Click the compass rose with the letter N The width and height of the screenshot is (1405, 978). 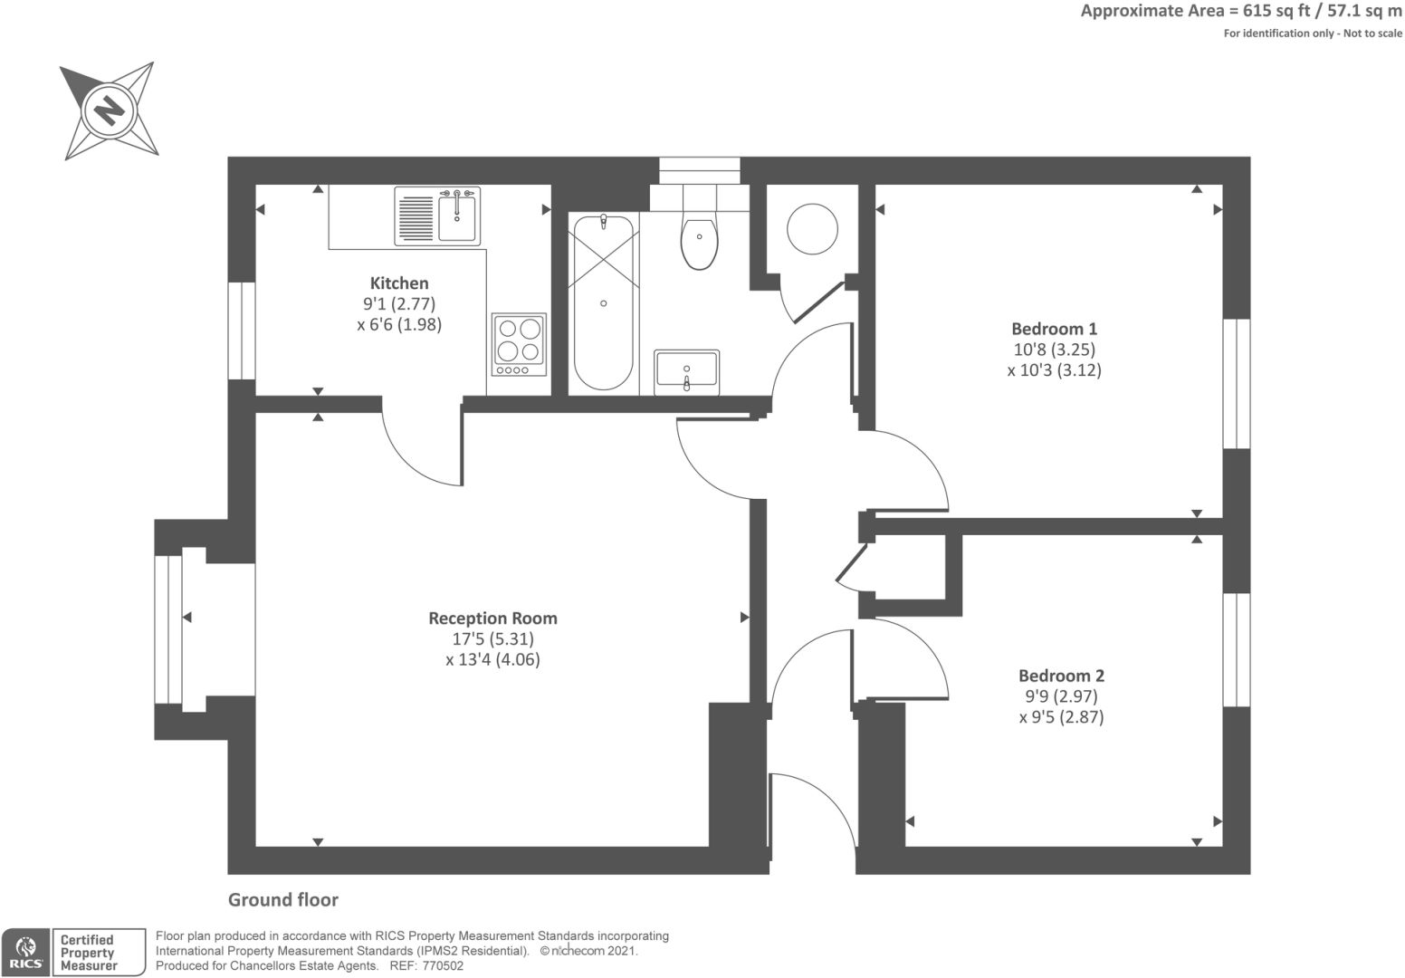tap(110, 111)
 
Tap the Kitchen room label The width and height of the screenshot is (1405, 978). tap(399, 283)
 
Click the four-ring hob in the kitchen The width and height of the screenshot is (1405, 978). tap(519, 344)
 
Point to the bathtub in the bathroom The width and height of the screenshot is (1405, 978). tap(603, 302)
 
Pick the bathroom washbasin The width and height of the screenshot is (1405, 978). tap(687, 371)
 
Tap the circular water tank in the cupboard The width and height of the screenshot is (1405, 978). tap(812, 227)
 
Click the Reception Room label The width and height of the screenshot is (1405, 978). tap(492, 618)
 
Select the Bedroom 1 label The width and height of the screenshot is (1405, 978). tap(1054, 329)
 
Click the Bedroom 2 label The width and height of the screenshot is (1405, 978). tap(1061, 676)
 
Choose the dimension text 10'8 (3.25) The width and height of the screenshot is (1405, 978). tap(1054, 350)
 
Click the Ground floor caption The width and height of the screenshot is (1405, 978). tap(282, 899)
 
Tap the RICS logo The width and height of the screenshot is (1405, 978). tap(26, 953)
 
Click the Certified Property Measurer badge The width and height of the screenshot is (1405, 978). tap(99, 953)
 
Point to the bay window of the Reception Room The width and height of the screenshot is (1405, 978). tap(168, 629)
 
